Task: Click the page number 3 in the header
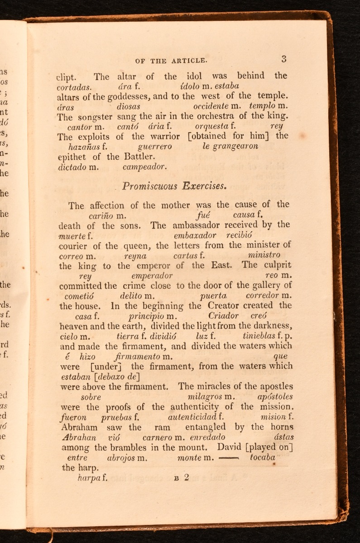[x=284, y=58]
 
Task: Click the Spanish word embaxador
[x=195, y=235]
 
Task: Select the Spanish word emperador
[x=152, y=276]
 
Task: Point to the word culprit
[x=276, y=266]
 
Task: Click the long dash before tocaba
[x=229, y=457]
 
